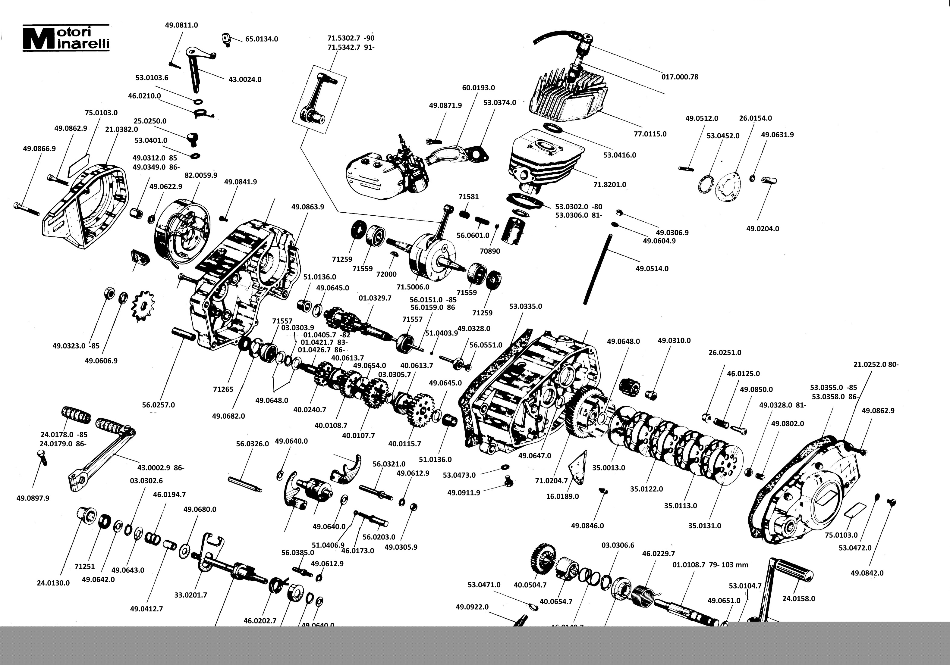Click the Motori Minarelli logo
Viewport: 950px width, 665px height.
[x=66, y=38]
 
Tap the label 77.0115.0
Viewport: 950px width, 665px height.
[x=650, y=134]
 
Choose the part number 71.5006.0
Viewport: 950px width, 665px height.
[x=413, y=287]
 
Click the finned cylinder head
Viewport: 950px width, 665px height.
[x=569, y=97]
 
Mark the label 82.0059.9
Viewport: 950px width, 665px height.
[x=201, y=175]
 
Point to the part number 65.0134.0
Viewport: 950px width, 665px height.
[x=262, y=39]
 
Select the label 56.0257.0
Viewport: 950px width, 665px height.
[x=159, y=404]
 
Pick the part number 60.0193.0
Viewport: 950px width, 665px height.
[x=478, y=88]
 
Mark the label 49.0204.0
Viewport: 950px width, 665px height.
[x=762, y=229]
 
